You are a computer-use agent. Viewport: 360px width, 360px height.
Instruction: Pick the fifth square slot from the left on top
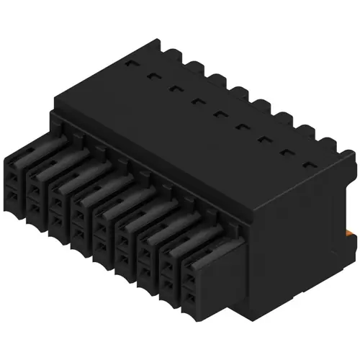click(220, 113)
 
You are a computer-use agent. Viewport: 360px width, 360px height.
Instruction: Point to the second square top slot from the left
click(153, 75)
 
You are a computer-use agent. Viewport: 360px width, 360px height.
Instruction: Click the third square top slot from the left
click(175, 88)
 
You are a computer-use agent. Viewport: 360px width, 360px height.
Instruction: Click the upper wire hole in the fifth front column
click(102, 224)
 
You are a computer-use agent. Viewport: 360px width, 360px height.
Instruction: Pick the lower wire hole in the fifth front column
click(102, 244)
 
